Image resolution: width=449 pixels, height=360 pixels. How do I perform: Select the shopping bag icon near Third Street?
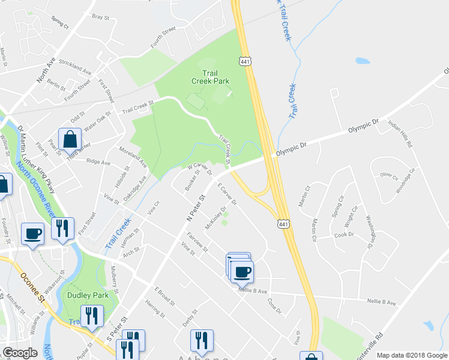tap(70, 139)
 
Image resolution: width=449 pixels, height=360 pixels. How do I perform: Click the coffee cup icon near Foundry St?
tap(32, 233)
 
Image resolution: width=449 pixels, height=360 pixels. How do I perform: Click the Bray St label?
tap(100, 18)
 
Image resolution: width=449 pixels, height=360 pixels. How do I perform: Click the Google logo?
tap(20, 353)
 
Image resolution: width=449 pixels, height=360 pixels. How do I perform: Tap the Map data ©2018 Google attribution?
tap(411, 355)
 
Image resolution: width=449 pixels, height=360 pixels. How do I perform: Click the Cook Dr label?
tap(343, 235)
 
